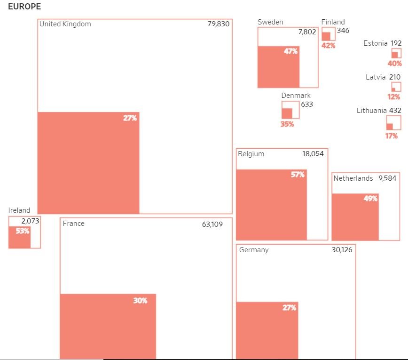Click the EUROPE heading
24,7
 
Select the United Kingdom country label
65,24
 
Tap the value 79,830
219,24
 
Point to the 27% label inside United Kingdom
130,118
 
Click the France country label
74,224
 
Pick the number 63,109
212,224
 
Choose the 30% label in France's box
140,300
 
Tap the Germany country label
254,250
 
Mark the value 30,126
342,250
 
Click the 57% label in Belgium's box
298,175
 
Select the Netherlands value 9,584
387,178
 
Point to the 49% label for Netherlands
370,199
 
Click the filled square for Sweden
278,67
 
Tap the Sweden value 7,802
307,32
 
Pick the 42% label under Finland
328,45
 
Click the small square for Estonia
396,53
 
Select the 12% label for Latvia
394,97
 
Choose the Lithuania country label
372,111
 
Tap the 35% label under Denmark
287,124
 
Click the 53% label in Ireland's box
23,231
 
